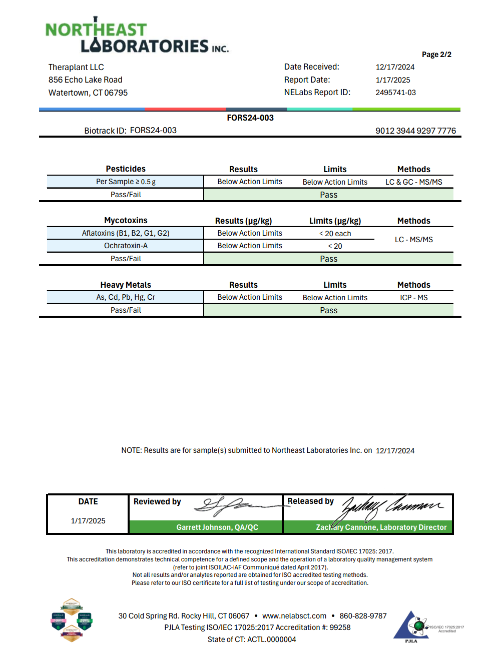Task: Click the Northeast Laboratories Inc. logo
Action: pos(136,37)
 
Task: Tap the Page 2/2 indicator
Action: pos(436,55)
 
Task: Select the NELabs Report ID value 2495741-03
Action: pos(395,93)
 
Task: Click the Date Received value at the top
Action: pos(395,67)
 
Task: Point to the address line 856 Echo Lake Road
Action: pos(85,80)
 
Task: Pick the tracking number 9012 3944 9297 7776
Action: pos(415,131)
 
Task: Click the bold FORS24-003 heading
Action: pos(250,118)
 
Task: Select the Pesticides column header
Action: pos(126,169)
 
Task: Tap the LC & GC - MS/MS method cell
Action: pos(413,182)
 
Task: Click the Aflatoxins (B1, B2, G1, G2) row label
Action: pos(126,233)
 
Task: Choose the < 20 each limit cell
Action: pos(335,234)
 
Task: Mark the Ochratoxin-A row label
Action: pos(126,246)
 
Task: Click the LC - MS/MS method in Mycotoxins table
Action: pos(413,240)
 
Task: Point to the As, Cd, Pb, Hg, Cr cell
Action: pos(126,297)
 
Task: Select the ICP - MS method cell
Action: pos(413,298)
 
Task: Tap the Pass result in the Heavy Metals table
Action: pos(328,310)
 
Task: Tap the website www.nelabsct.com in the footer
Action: pos(294,616)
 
